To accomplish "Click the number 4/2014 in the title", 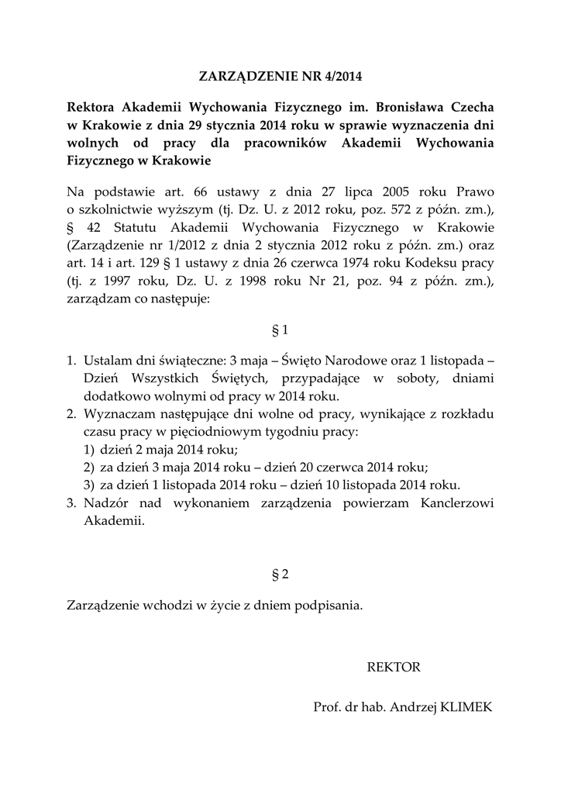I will pos(341,77).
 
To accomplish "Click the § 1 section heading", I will pos(280,330).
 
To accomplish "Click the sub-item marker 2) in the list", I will pos(88,468).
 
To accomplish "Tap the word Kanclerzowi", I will pos(455,503).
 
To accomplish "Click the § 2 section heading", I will pos(280,575).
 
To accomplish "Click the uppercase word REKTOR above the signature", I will pos(394,667).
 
